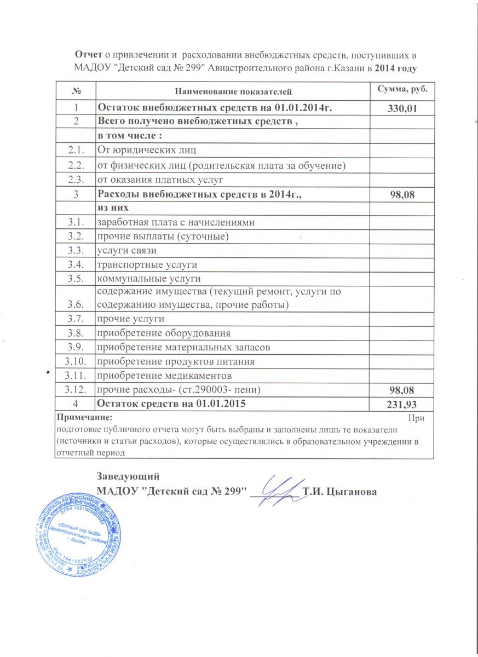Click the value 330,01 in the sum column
pos(402,109)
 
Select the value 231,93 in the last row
pos(402,405)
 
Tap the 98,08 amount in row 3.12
pos(402,390)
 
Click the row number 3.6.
pos(75,304)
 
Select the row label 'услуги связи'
pos(126,251)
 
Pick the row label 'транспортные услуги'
pos(147,265)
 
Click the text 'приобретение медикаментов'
pos(164,376)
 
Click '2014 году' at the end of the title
pos(398,68)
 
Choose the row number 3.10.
pos(75,361)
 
